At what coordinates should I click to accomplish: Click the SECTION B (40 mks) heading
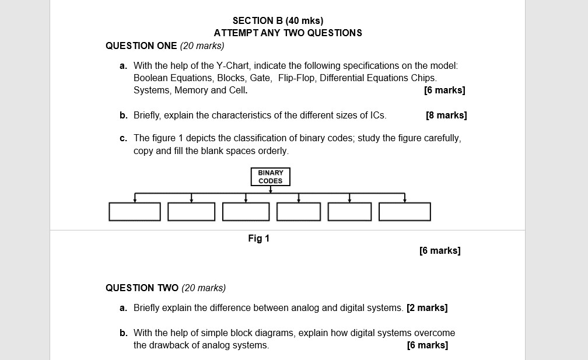click(x=278, y=21)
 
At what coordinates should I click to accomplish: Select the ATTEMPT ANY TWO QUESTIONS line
click(x=288, y=33)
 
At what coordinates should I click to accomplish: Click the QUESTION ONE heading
click(x=141, y=46)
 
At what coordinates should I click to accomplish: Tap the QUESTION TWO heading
click(x=142, y=288)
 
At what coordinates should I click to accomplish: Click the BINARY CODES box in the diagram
click(x=270, y=177)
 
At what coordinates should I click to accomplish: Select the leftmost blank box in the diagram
click(x=135, y=212)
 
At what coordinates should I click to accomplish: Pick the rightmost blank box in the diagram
click(x=405, y=212)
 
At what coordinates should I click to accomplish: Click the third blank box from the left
click(x=246, y=212)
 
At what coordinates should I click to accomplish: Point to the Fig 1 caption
click(x=258, y=238)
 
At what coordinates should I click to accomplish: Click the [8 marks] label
click(x=446, y=115)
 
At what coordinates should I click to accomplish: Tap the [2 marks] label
click(x=427, y=307)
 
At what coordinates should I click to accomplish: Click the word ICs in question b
click(x=377, y=115)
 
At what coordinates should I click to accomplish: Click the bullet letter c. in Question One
click(x=123, y=138)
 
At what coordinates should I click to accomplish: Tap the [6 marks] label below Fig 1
click(x=440, y=250)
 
